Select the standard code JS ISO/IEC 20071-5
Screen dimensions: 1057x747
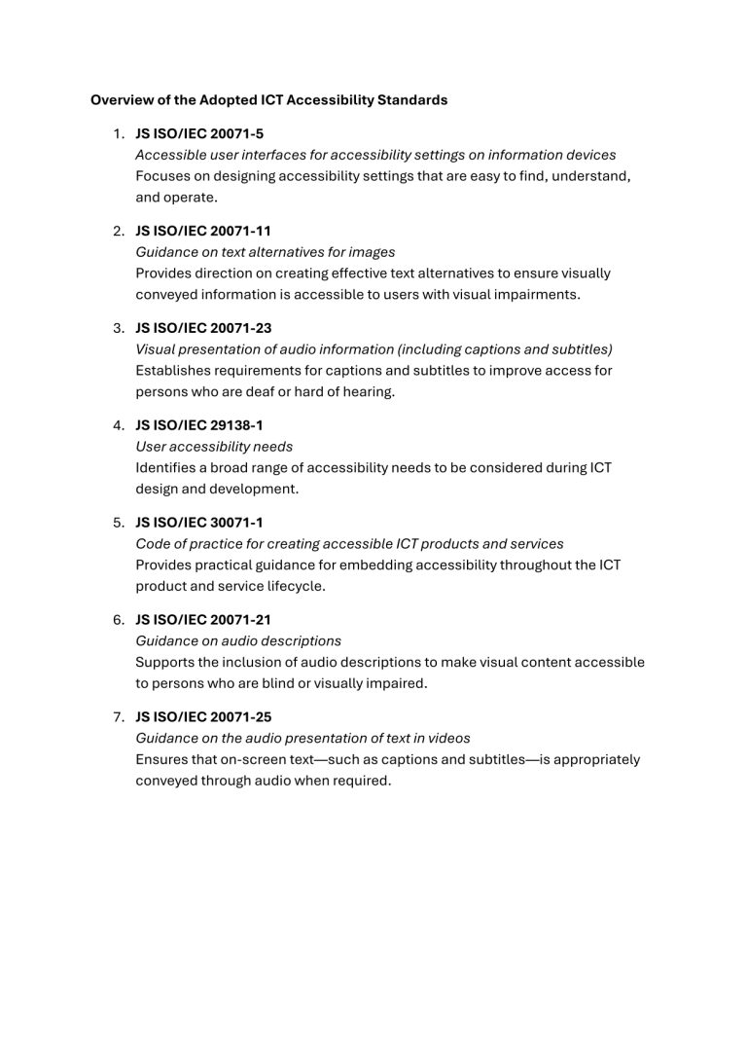click(199, 133)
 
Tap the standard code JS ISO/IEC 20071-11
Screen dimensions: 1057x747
click(203, 231)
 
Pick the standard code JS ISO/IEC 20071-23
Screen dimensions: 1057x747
click(203, 328)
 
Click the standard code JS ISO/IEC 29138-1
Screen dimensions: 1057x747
click(199, 425)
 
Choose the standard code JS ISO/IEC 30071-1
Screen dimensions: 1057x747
click(199, 523)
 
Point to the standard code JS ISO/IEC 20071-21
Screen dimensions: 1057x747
click(203, 619)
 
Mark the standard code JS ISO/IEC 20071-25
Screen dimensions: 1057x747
click(203, 716)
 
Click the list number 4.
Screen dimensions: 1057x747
click(118, 425)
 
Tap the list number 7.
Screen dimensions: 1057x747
click(118, 716)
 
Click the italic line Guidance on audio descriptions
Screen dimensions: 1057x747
click(238, 640)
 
